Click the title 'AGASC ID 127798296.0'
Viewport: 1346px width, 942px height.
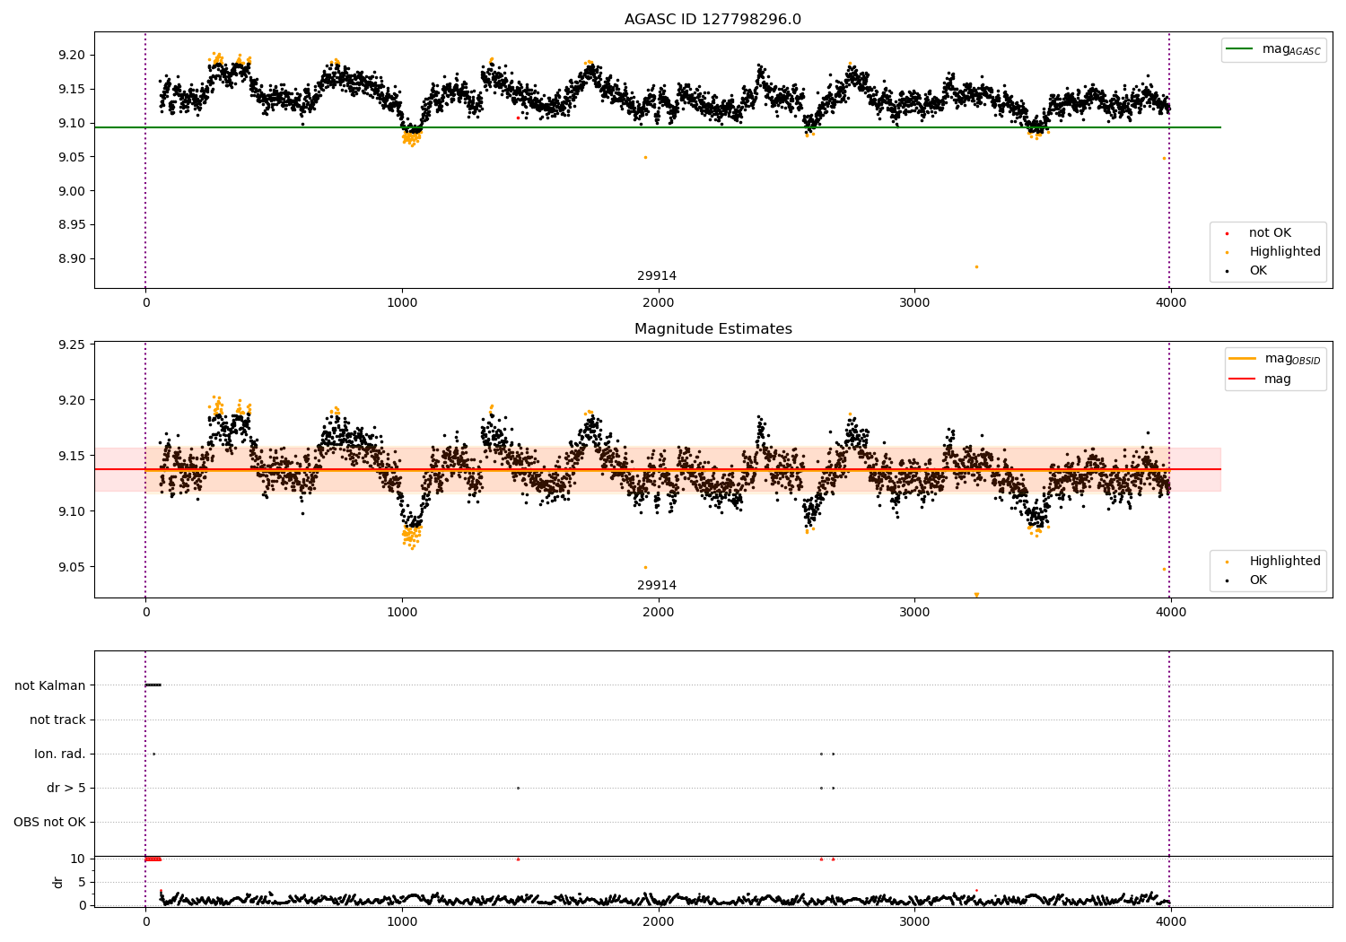712,20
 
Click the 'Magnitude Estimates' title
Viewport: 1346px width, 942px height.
712,329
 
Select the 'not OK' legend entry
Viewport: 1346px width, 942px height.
1270,233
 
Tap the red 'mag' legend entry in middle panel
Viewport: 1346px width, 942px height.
1277,379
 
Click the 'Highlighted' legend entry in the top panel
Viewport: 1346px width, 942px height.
1284,252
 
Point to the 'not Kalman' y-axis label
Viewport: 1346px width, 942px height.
49,685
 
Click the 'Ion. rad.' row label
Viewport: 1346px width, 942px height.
59,754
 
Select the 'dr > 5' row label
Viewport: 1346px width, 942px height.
66,788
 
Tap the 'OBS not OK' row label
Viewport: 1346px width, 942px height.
49,822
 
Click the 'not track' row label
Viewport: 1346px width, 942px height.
57,720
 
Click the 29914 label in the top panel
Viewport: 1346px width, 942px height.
657,276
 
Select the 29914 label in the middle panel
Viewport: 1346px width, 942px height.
657,586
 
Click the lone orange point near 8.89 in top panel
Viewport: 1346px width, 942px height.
976,266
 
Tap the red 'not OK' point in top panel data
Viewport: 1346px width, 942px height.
518,118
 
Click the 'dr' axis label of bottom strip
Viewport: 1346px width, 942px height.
58,882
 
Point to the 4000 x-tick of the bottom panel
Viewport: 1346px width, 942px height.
1170,921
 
